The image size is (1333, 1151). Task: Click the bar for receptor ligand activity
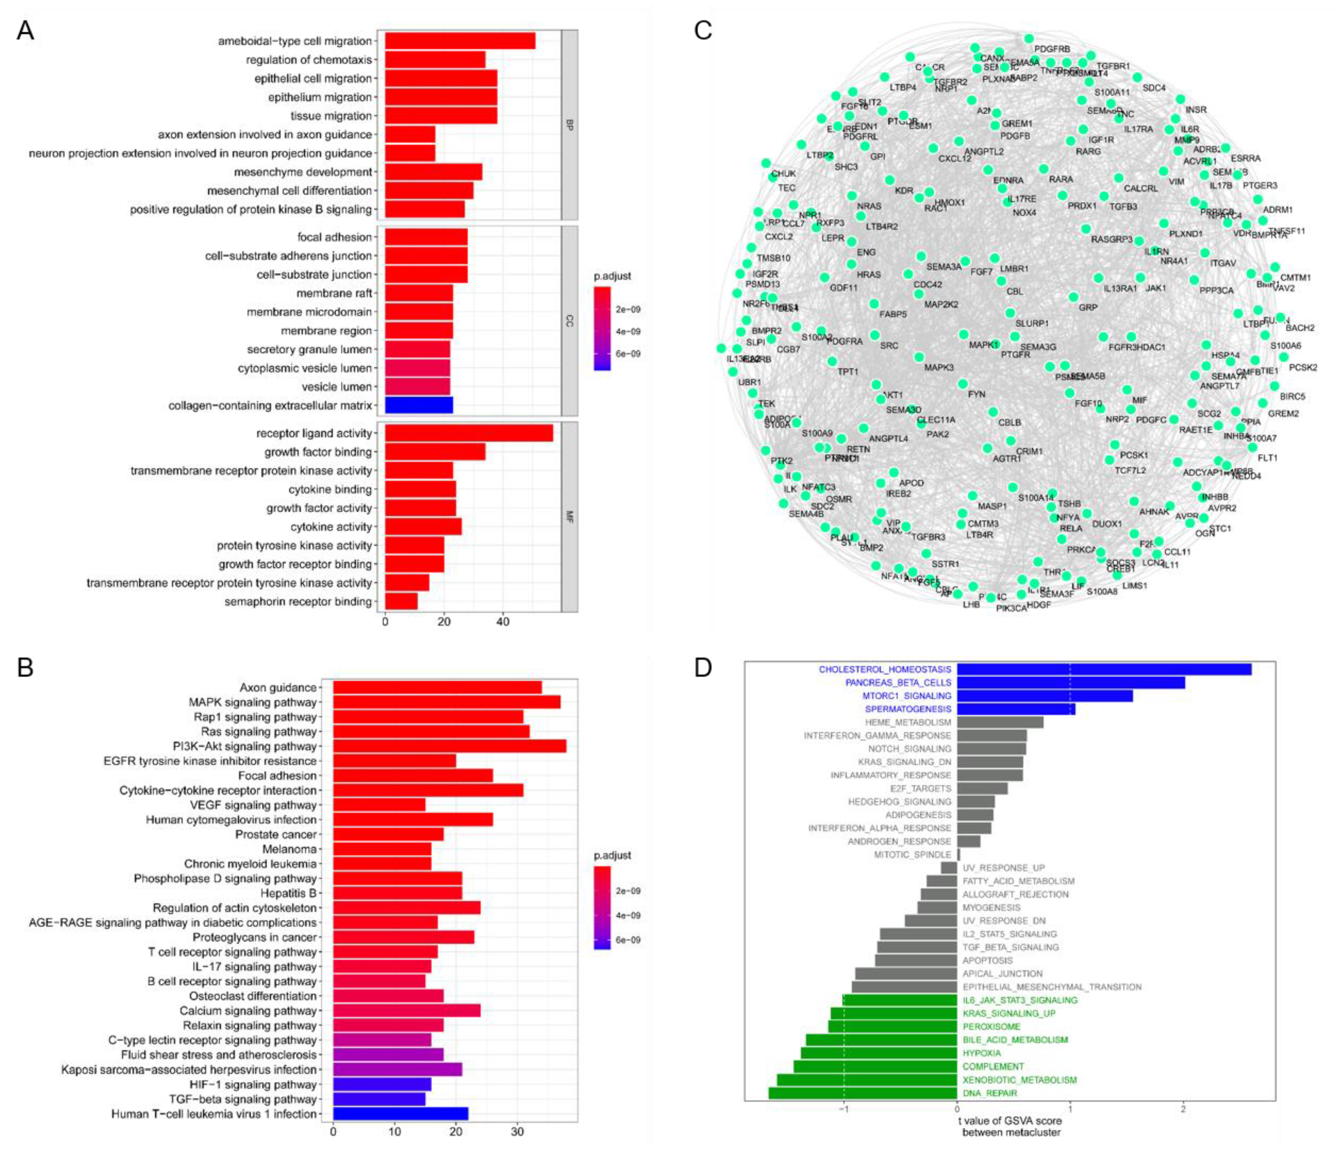click(468, 433)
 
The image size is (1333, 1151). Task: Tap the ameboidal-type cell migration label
click(295, 41)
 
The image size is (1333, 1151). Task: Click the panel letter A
click(25, 30)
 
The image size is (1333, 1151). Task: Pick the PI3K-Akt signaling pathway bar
click(449, 746)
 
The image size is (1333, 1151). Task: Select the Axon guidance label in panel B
click(278, 688)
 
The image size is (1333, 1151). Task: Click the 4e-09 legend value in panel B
click(628, 915)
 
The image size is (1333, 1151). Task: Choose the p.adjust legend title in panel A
click(612, 276)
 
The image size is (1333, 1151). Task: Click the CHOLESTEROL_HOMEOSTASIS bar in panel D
click(1103, 669)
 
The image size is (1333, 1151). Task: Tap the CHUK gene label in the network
click(783, 174)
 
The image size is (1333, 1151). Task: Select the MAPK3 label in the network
click(939, 367)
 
